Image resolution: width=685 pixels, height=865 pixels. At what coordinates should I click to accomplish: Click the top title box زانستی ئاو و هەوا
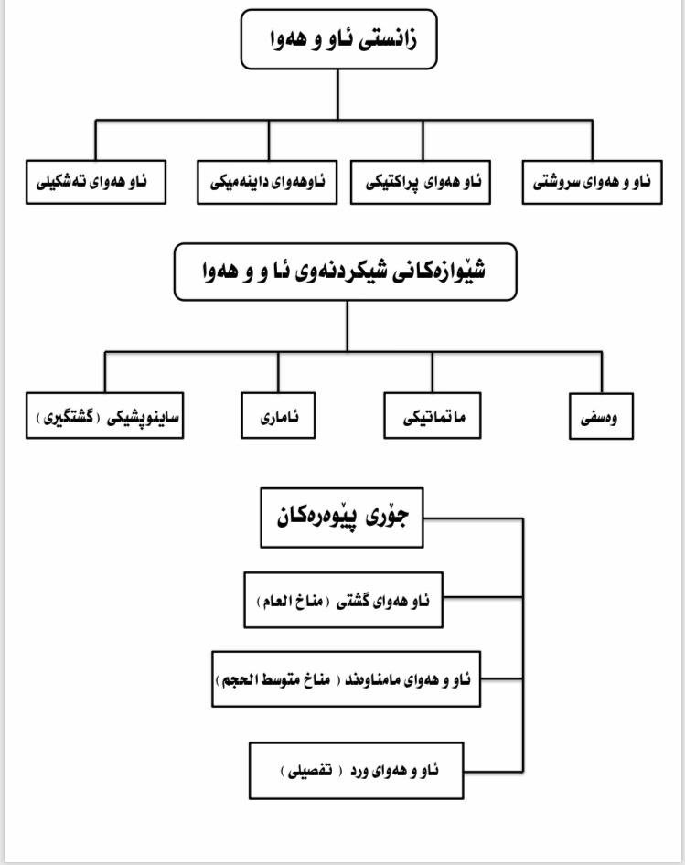tap(339, 39)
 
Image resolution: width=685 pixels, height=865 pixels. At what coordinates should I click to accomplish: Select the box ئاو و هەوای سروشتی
tap(593, 183)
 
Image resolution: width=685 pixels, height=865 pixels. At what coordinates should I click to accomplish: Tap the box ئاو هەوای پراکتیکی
tap(421, 183)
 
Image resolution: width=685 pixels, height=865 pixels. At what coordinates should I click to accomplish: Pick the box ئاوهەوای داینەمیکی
tap(267, 183)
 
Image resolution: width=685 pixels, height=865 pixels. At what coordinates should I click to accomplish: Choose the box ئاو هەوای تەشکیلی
tap(96, 182)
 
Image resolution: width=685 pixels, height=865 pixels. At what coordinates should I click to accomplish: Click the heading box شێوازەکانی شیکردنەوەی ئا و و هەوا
tap(346, 272)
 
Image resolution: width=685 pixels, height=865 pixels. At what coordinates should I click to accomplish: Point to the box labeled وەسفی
tap(602, 417)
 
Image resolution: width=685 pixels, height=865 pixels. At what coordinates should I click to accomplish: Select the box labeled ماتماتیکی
tap(433, 416)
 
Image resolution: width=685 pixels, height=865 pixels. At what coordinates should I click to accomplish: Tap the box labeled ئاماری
tap(279, 416)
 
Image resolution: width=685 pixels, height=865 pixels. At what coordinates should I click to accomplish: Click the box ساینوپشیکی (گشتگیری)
tap(105, 416)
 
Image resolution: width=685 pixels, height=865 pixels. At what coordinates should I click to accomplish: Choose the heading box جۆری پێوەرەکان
tap(342, 518)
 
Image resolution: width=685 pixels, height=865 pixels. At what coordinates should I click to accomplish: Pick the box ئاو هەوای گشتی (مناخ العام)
tap(343, 600)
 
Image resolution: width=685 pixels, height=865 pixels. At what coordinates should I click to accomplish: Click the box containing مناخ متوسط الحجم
tap(346, 679)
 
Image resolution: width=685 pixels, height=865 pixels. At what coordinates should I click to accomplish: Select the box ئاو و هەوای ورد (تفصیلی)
tap(357, 771)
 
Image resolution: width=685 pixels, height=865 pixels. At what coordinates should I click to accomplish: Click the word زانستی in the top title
tap(388, 40)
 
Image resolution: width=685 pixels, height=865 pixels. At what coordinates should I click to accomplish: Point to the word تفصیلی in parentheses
tap(310, 771)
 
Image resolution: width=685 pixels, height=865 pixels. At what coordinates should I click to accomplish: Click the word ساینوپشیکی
tap(143, 418)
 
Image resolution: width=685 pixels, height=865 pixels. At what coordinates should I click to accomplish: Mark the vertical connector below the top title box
tap(337, 94)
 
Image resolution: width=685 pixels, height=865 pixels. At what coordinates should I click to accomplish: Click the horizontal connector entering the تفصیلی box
tap(494, 771)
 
